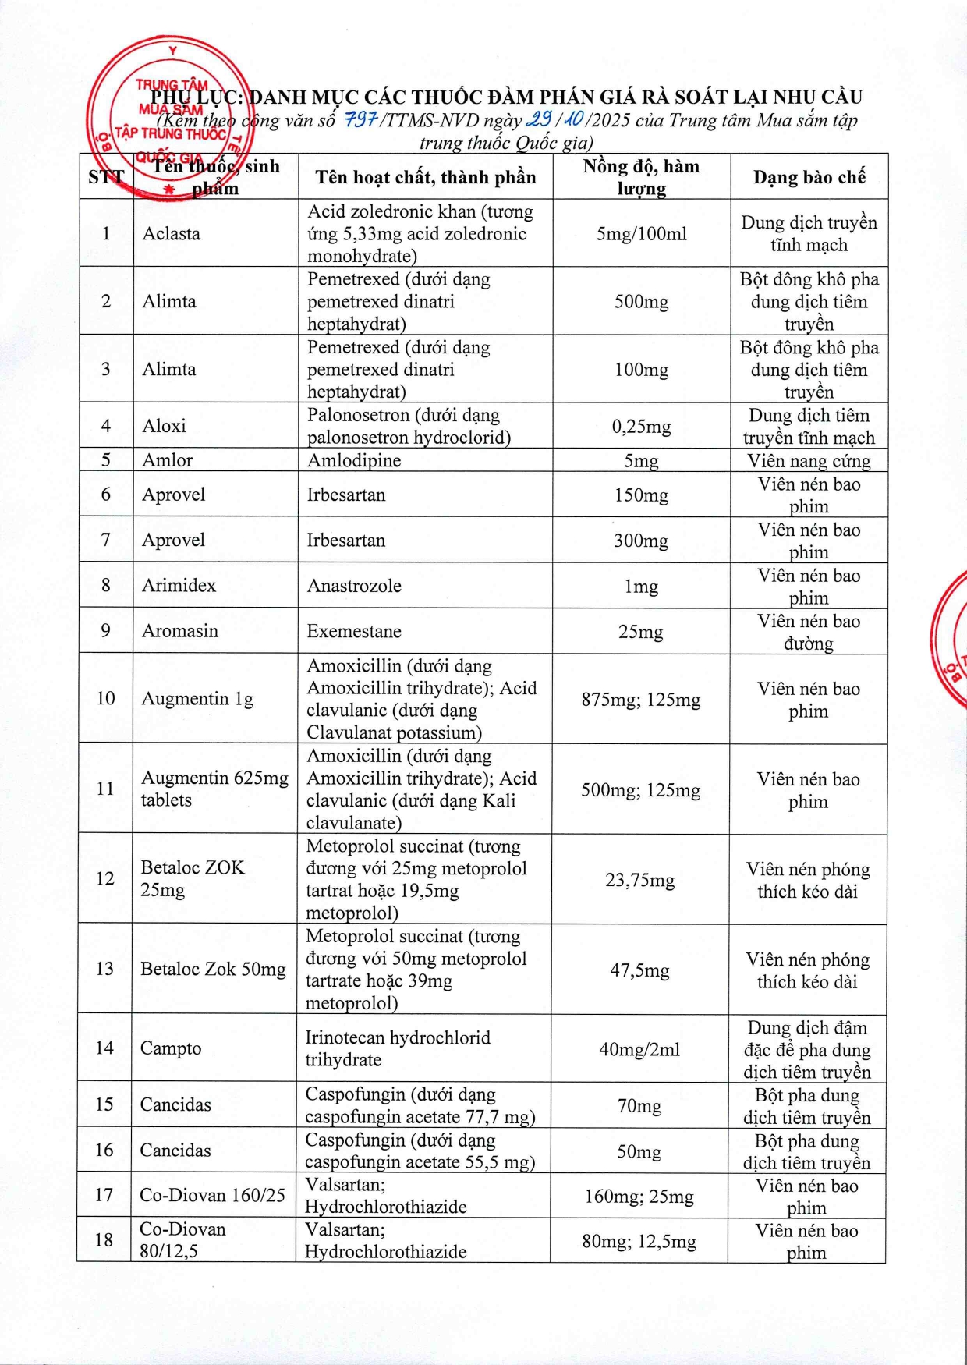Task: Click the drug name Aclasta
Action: pos(171,233)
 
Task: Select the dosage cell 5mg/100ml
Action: pos(641,233)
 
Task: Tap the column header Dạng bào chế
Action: pos(809,177)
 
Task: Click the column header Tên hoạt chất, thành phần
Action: pos(425,177)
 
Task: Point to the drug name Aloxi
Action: pos(164,426)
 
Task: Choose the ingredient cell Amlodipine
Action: pos(354,460)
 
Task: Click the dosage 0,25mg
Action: pos(641,427)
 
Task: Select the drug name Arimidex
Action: pos(179,585)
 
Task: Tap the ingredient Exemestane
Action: pos(354,631)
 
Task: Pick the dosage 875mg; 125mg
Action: pos(640,700)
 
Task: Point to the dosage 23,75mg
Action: pos(639,880)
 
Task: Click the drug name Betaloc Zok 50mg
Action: pos(213,969)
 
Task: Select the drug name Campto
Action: pos(171,1048)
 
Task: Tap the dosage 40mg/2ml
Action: pos(639,1049)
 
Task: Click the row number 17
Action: pos(104,1194)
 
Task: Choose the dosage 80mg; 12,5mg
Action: pos(639,1241)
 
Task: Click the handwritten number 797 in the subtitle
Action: pos(361,120)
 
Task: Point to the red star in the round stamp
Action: pos(169,189)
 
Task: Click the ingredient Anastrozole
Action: pos(354,586)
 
